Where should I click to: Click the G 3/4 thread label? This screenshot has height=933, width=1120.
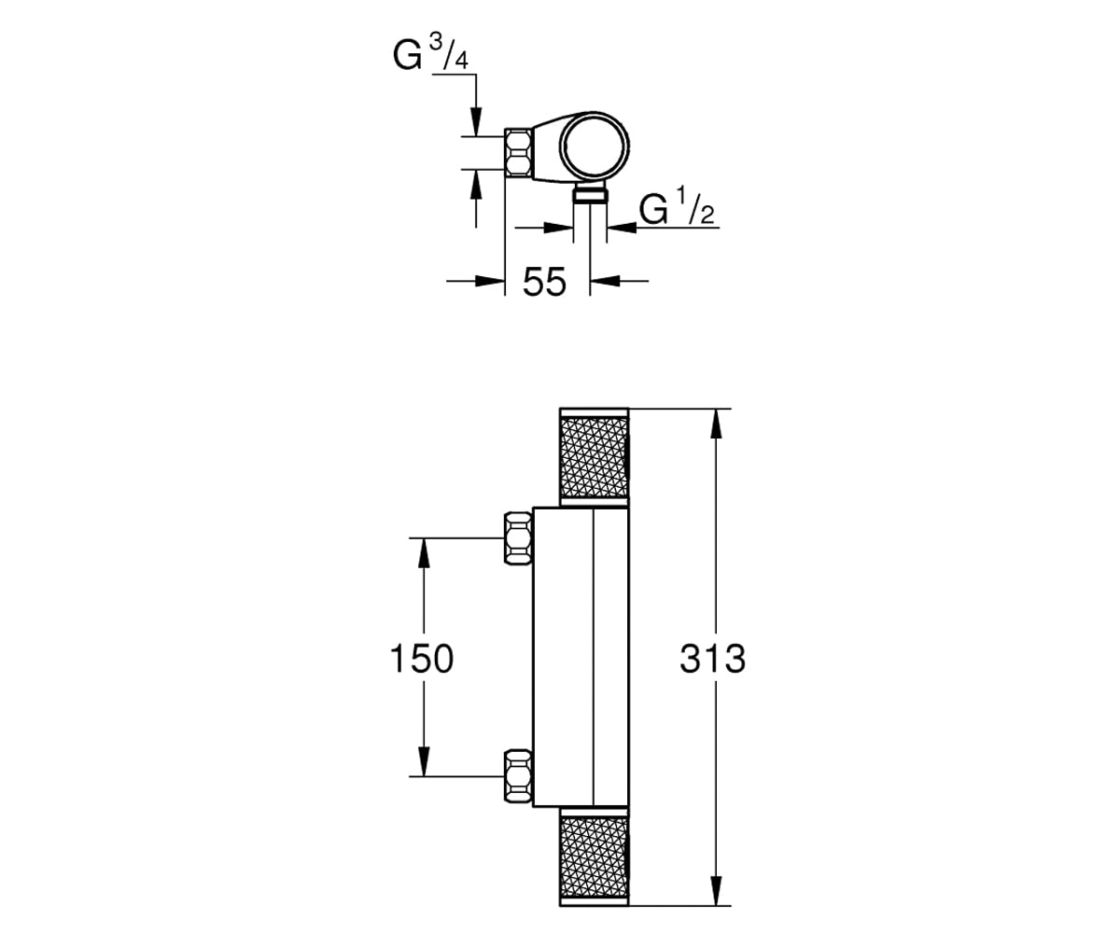pyautogui.click(x=430, y=53)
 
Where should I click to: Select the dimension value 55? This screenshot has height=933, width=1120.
pyautogui.click(x=544, y=282)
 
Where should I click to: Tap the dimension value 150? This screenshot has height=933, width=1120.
pyautogui.click(x=422, y=659)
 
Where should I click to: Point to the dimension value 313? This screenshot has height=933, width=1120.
pyautogui.click(x=713, y=659)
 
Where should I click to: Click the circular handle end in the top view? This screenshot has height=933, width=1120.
pyautogui.click(x=595, y=146)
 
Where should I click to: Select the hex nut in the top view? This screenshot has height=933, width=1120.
pyautogui.click(x=519, y=153)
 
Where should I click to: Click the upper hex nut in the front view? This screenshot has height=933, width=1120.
pyautogui.click(x=519, y=538)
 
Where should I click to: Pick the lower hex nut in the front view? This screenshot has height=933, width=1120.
pyautogui.click(x=519, y=776)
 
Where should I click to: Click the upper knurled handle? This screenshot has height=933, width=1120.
pyautogui.click(x=594, y=457)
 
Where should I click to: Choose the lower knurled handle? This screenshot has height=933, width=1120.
pyautogui.click(x=594, y=856)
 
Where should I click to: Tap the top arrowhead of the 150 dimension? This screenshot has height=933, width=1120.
pyautogui.click(x=424, y=552)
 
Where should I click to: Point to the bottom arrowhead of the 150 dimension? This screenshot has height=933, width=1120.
pyautogui.click(x=424, y=761)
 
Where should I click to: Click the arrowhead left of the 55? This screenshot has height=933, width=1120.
pyautogui.click(x=490, y=281)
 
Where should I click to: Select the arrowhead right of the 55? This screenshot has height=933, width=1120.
pyautogui.click(x=605, y=281)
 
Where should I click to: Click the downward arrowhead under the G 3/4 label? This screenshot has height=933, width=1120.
pyautogui.click(x=476, y=122)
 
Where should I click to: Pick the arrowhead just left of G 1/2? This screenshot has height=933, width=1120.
pyautogui.click(x=622, y=228)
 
